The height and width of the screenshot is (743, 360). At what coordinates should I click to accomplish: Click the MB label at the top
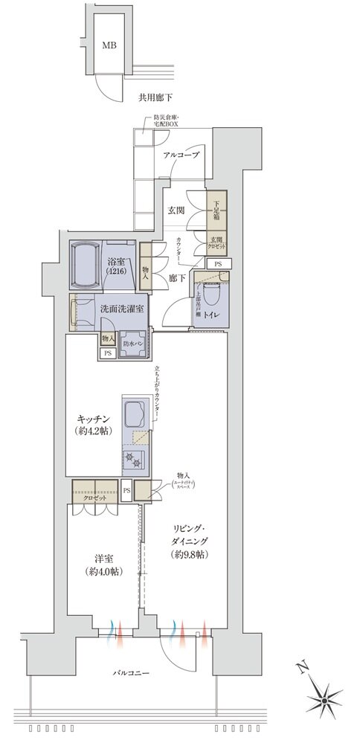[x=109, y=43]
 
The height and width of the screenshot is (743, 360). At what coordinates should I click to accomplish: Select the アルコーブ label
[x=181, y=155]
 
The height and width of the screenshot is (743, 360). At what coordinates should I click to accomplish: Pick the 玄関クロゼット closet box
[x=216, y=243]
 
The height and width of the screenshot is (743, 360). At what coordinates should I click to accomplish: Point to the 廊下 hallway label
[x=176, y=275]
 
